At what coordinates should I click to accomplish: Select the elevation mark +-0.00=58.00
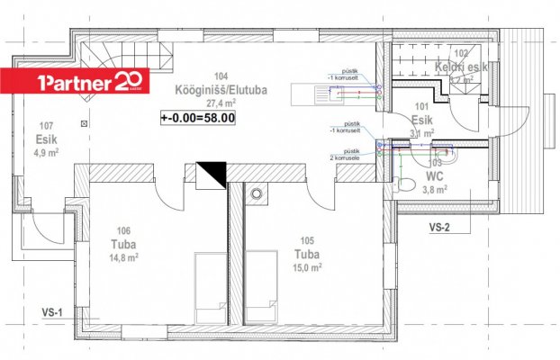(x=198, y=116)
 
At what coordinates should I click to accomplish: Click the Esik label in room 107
(x=45, y=139)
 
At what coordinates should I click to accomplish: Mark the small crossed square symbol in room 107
(x=84, y=121)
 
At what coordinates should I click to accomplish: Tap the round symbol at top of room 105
(x=258, y=193)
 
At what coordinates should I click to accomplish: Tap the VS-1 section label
(x=51, y=311)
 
